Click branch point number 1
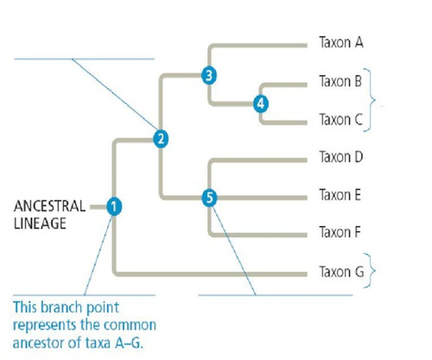pos(114,207)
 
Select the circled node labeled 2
pos(161,139)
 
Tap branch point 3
pos(209,76)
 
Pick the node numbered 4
pos(261,104)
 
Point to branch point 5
pos(209,198)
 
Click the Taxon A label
pos(341,42)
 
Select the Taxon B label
pos(340,81)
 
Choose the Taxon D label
pos(341,157)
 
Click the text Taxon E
pos(340,195)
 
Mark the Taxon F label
pos(340,232)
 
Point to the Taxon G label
pos(341,272)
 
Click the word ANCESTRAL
pos(49,206)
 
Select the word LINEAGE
pos(40,223)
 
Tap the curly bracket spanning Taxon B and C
pos(371,100)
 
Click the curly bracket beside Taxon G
pos(371,271)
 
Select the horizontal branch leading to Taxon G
pos(210,274)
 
